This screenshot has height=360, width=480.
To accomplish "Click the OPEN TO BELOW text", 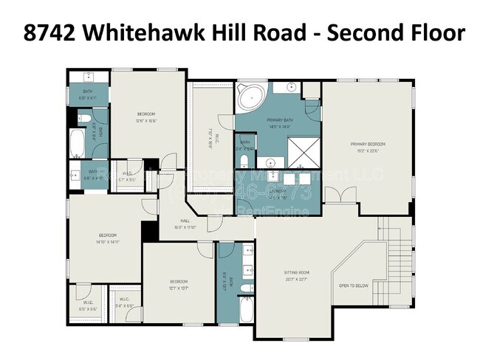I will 354,285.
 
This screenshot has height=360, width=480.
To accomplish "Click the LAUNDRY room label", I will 278,190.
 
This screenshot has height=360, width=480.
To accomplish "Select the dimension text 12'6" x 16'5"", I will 146,121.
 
